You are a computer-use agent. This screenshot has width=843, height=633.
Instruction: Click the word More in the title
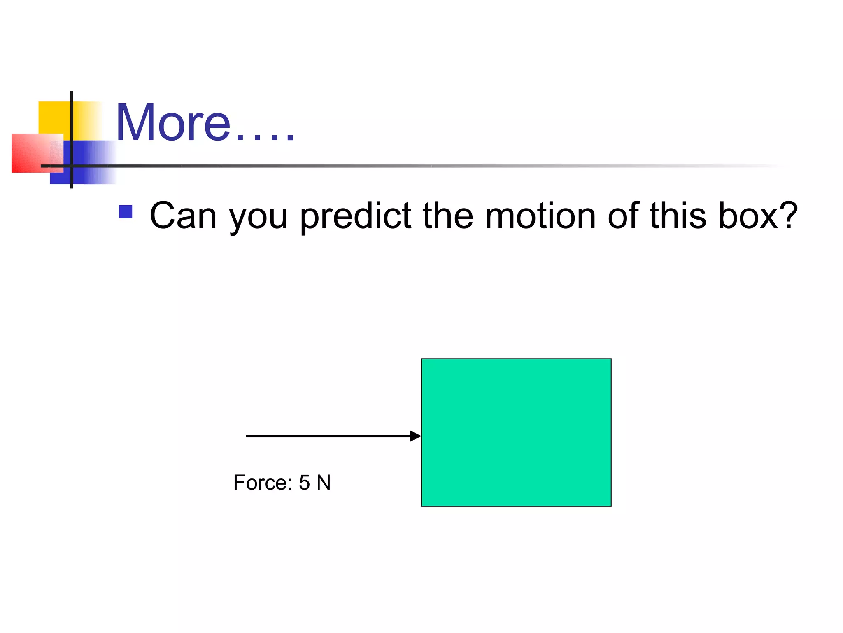coord(173,122)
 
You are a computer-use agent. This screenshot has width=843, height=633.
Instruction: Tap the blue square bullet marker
coord(126,212)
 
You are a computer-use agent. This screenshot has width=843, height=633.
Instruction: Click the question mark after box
coord(789,215)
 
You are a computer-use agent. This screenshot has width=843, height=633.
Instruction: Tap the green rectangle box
coord(516,432)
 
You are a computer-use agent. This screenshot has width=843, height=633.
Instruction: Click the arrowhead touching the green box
coord(415,436)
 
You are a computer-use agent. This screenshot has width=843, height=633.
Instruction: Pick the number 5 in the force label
coord(304,483)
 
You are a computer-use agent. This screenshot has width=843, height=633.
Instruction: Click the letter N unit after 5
coord(324,483)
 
